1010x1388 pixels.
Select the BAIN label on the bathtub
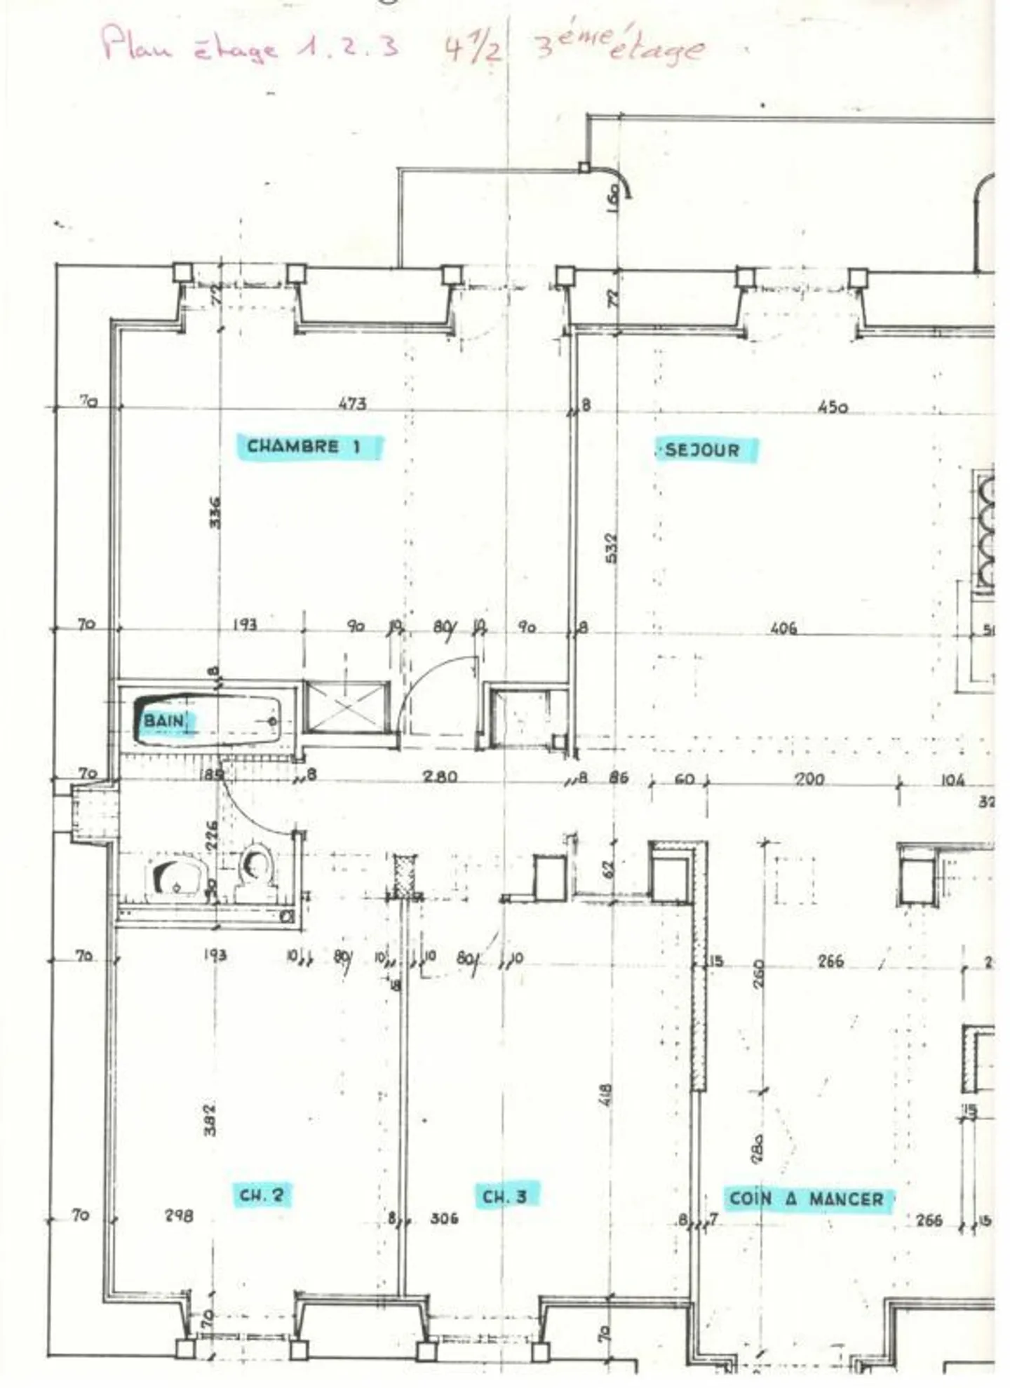click(166, 721)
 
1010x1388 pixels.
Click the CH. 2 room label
click(261, 1195)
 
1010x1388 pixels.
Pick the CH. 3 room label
click(505, 1196)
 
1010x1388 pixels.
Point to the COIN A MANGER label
click(807, 1199)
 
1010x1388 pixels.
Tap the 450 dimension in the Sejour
click(833, 407)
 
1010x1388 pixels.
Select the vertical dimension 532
click(611, 548)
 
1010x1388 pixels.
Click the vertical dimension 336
click(215, 512)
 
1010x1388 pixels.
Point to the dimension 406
click(783, 628)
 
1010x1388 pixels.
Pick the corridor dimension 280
click(440, 776)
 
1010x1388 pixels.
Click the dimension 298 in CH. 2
click(180, 1215)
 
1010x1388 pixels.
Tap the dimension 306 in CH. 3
click(445, 1218)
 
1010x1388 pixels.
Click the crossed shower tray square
click(346, 706)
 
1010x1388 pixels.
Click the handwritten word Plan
click(137, 44)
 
